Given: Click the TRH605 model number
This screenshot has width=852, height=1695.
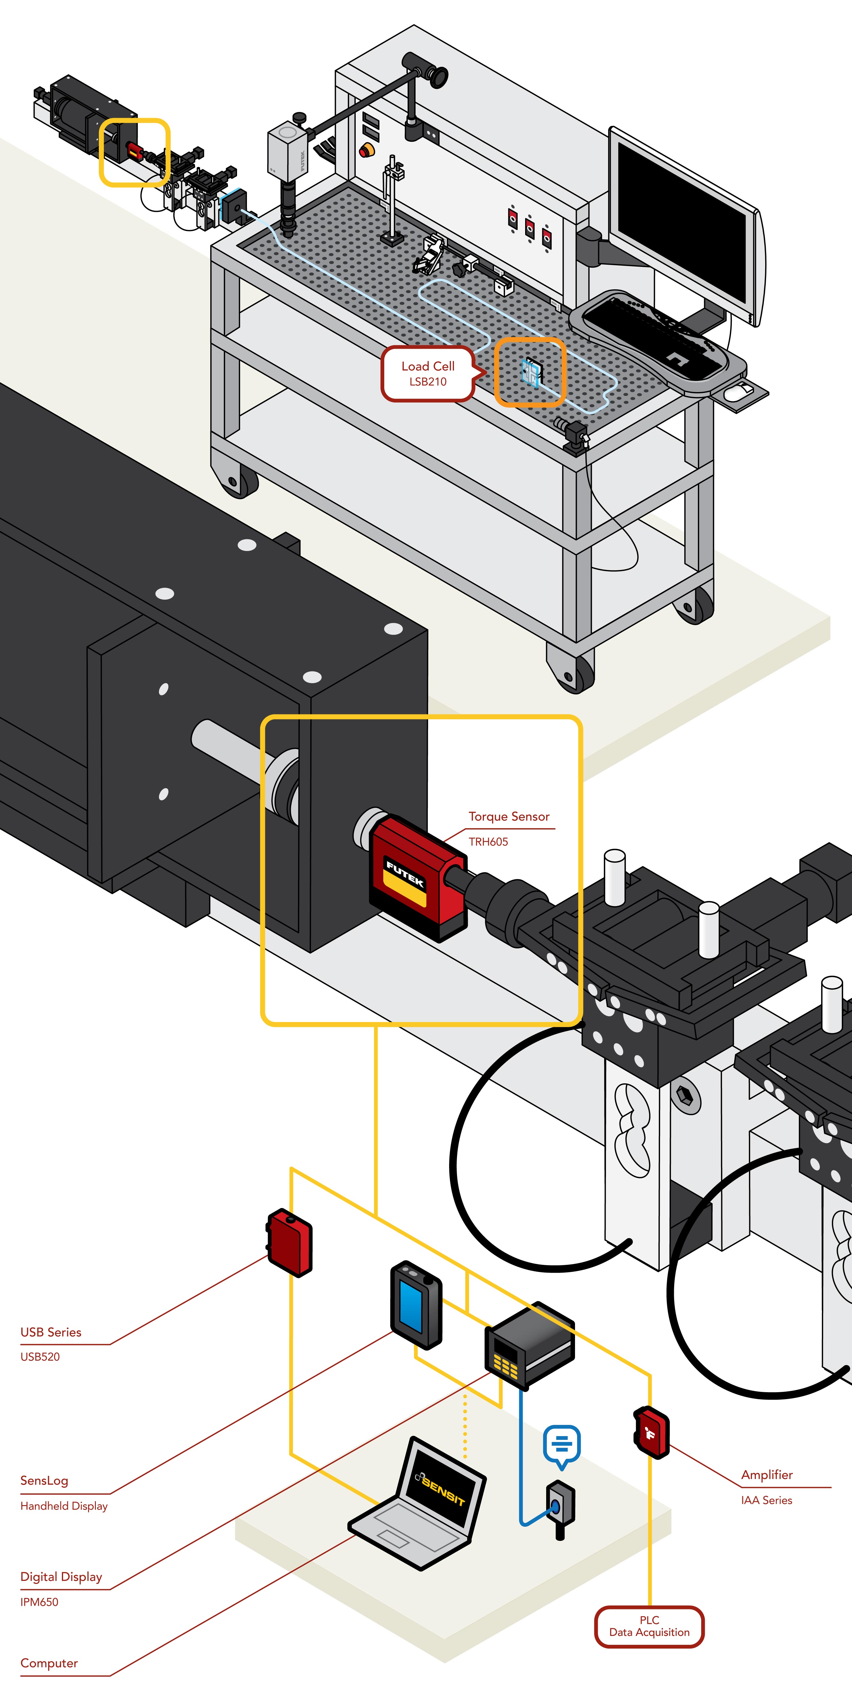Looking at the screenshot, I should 488,841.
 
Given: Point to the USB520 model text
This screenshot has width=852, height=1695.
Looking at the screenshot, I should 40,1356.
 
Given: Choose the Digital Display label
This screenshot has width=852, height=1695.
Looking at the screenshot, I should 61,1577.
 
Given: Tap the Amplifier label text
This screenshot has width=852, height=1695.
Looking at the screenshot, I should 766,1474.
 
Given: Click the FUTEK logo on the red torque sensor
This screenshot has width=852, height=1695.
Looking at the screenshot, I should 405,873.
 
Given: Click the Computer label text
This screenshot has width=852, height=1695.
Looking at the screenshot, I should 49,1663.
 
